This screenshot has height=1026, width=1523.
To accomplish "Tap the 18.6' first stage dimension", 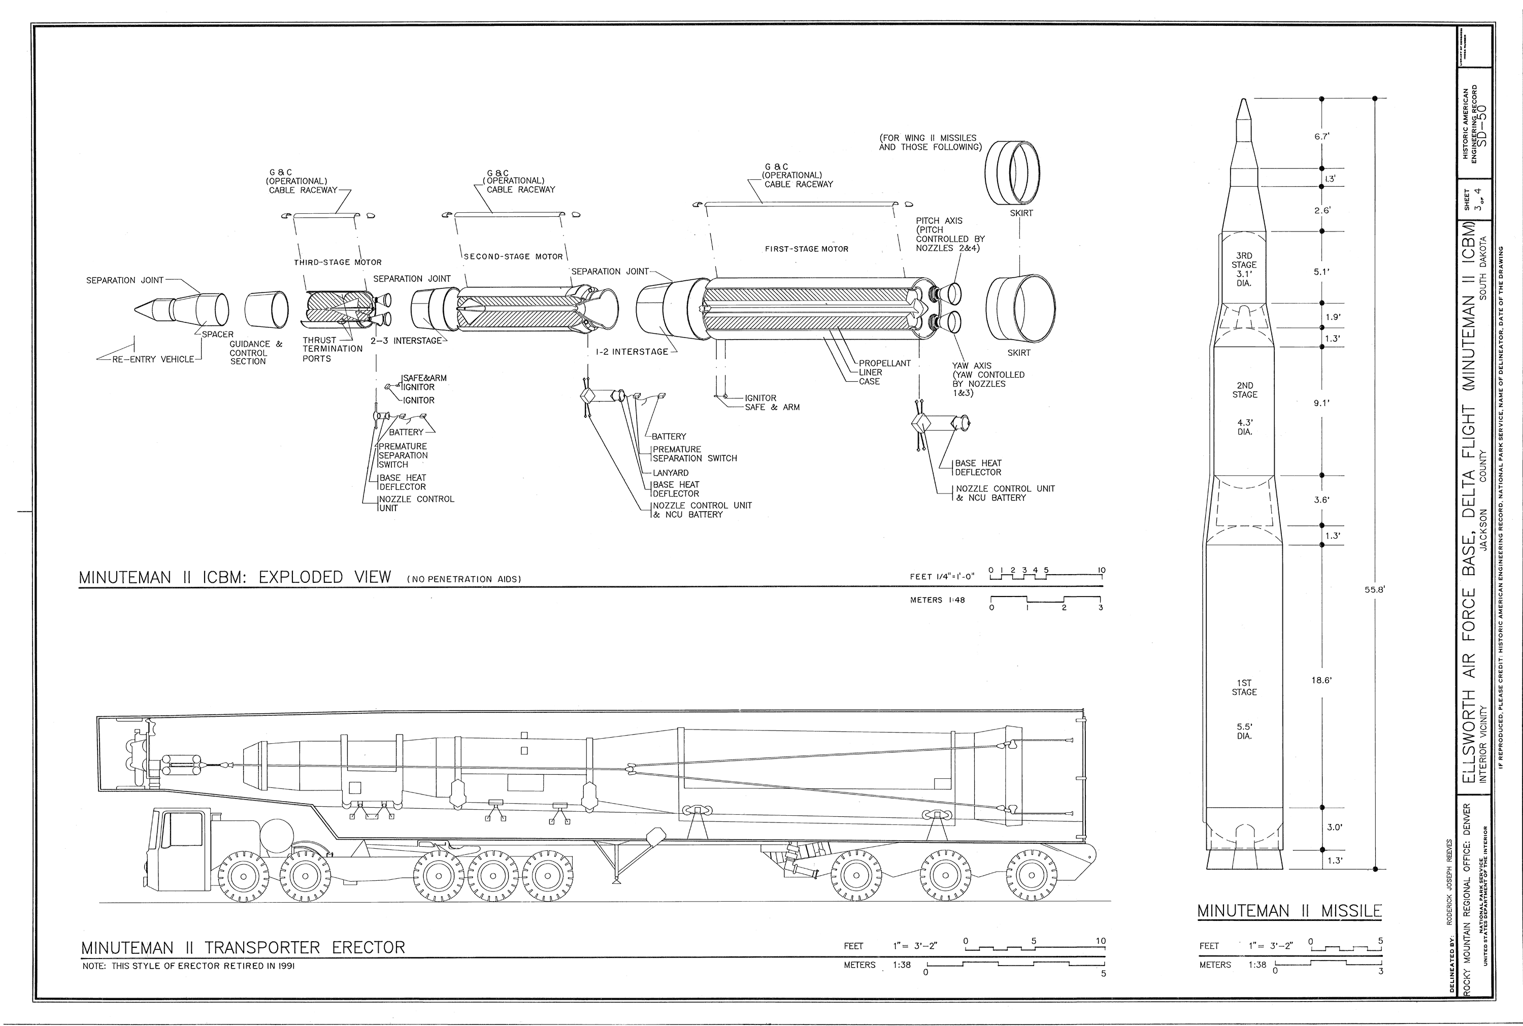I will point(1322,680).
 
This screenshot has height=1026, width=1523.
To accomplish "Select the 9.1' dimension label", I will point(1322,404).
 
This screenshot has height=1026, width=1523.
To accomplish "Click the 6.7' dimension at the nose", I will point(1322,137).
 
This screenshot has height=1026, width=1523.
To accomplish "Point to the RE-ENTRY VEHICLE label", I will point(153,359).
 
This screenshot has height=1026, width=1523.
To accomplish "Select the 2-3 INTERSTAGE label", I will point(406,342).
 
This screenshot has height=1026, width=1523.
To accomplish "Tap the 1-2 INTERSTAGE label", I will point(632,352).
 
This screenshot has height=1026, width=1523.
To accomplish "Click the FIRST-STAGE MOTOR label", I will point(806,249).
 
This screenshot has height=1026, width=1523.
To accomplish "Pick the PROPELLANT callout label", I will point(884,363).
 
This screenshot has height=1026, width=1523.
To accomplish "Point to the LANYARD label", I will point(670,473).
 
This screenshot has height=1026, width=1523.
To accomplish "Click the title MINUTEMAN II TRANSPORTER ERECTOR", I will point(243,947).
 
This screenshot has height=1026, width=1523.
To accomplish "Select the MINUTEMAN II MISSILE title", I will point(1289,911).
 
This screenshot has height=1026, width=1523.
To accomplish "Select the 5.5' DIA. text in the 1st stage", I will point(1244,731).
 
